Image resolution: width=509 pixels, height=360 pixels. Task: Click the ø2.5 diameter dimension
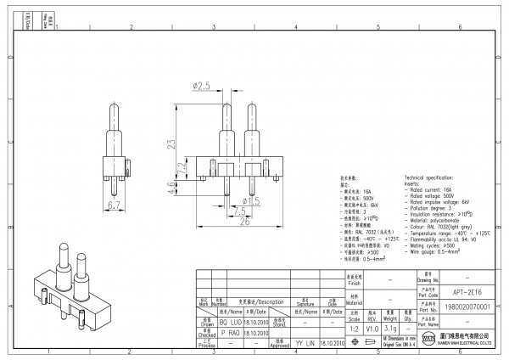(201, 86)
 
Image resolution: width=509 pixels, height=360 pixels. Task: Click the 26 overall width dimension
(244, 222)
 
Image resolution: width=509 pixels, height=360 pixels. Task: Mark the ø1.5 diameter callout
(252, 200)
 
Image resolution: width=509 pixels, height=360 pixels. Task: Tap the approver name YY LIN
(305, 343)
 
